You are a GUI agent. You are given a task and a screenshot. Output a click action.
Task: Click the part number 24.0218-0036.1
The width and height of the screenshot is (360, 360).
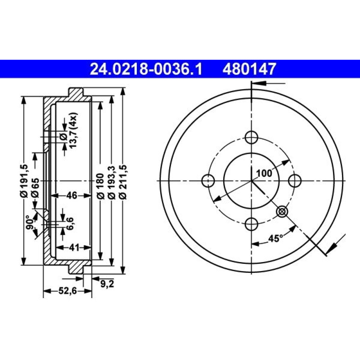point(146,69)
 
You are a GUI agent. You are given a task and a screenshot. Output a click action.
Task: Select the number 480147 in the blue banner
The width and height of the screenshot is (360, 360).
point(249,69)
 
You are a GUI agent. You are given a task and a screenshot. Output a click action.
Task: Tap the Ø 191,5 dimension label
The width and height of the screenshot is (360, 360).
point(24,181)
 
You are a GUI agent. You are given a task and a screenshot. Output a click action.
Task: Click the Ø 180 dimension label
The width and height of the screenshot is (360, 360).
point(100,186)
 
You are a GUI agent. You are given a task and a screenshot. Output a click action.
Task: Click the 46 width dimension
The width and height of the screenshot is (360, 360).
point(72,195)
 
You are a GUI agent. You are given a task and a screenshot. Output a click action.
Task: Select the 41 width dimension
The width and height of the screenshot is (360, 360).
point(74,248)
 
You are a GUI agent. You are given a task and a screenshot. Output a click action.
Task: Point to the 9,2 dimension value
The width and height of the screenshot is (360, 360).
point(107,284)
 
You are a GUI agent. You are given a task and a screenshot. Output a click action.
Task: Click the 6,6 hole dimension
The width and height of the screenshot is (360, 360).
point(70,224)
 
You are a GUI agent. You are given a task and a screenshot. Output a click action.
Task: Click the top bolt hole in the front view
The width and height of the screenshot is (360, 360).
point(252,138)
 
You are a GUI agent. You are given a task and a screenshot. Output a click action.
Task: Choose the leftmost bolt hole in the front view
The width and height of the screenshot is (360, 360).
point(208,181)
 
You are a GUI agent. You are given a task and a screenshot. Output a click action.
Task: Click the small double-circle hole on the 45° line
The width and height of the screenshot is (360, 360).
point(282,211)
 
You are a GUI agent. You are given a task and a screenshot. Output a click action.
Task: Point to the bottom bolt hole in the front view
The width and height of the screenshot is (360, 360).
point(252,224)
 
